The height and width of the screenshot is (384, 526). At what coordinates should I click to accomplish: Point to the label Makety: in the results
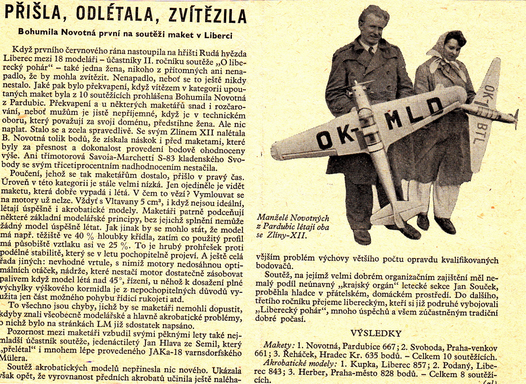tap(277, 345)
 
